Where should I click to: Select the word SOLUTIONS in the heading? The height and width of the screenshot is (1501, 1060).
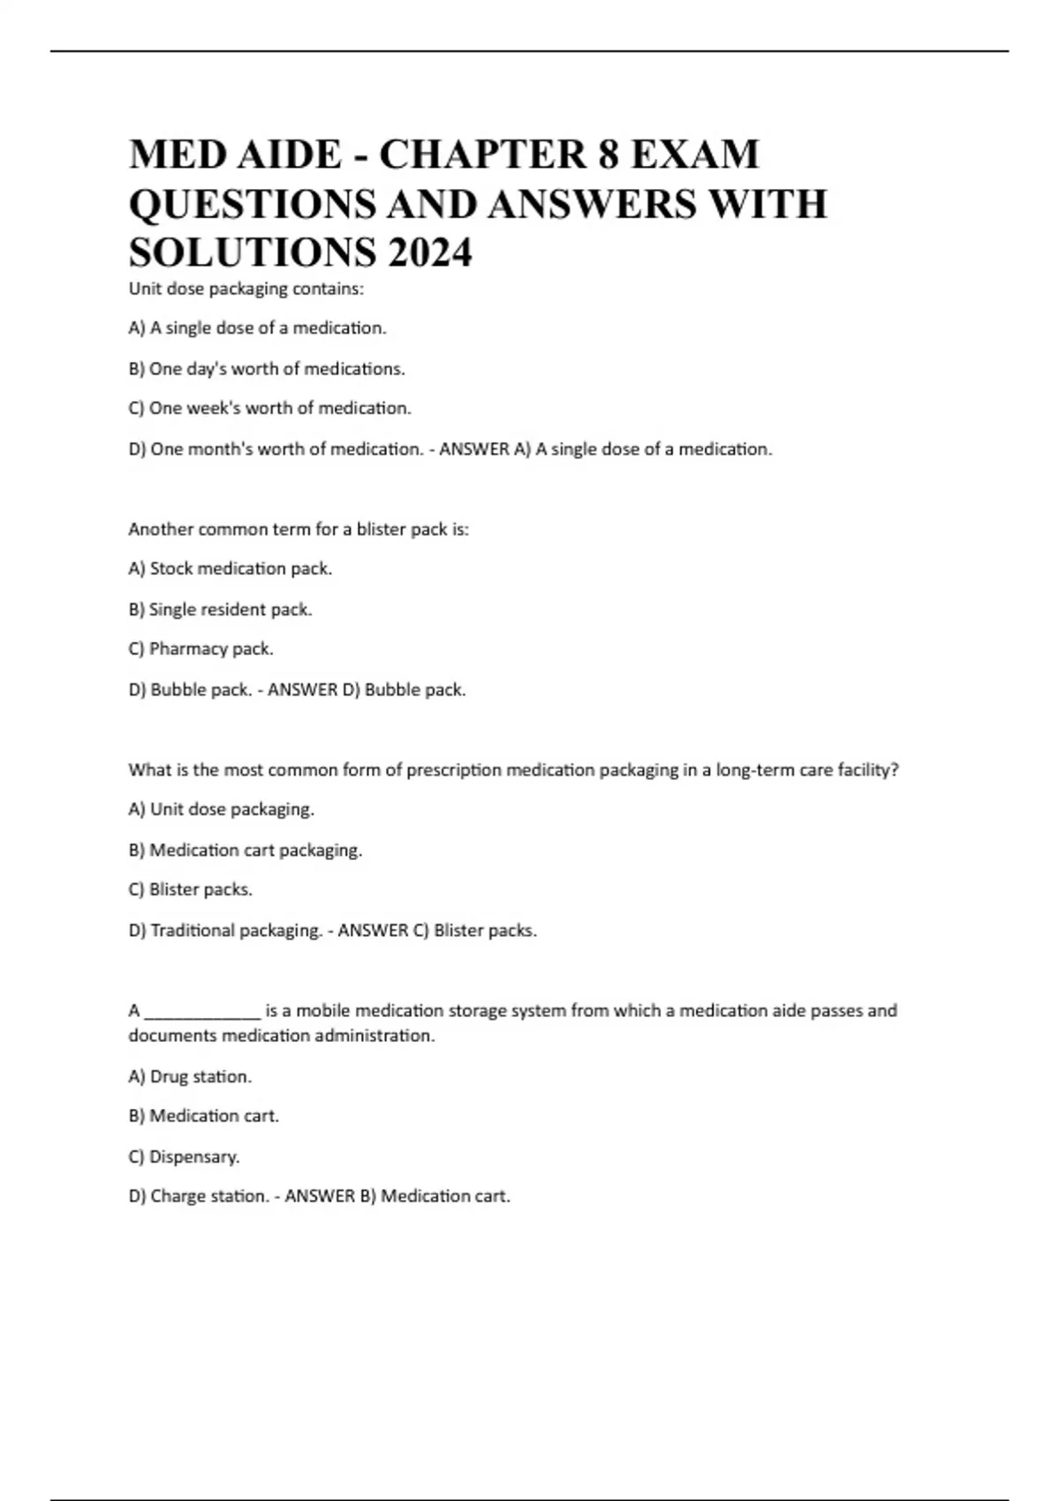pyautogui.click(x=252, y=253)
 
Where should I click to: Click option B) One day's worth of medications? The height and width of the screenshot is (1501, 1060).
pyautogui.click(x=267, y=369)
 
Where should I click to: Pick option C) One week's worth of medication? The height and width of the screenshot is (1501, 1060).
pyautogui.click(x=269, y=409)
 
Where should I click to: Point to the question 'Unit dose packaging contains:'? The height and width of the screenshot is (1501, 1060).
pyautogui.click(x=246, y=289)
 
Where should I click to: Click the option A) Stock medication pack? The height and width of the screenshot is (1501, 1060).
pyautogui.click(x=231, y=569)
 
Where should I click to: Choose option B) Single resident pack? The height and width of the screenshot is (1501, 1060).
pyautogui.click(x=221, y=609)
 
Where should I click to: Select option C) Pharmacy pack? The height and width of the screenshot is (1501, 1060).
pyautogui.click(x=201, y=649)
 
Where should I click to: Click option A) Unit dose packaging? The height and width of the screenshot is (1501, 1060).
pyautogui.click(x=222, y=810)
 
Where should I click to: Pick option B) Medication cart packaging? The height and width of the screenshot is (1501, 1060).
pyautogui.click(x=246, y=850)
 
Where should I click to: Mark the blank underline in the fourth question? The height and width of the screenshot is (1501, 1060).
pyautogui.click(x=202, y=1012)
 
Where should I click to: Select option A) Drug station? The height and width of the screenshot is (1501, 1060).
pyautogui.click(x=190, y=1077)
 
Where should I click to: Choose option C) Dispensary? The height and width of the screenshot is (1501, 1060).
pyautogui.click(x=184, y=1157)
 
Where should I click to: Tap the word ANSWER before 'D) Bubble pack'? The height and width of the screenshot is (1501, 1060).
pyautogui.click(x=302, y=690)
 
